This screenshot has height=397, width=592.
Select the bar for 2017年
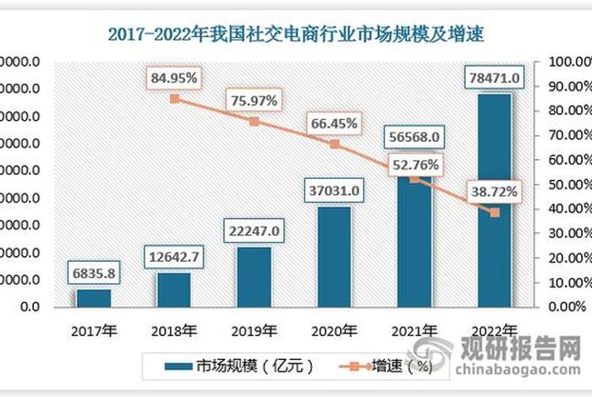click(x=94, y=298)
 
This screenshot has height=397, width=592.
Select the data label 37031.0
click(x=334, y=192)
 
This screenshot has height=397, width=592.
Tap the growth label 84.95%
click(x=174, y=79)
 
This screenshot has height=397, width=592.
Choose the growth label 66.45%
click(x=334, y=124)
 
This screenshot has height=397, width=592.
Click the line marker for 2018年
click(x=174, y=99)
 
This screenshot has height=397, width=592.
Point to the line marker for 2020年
click(x=334, y=144)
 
